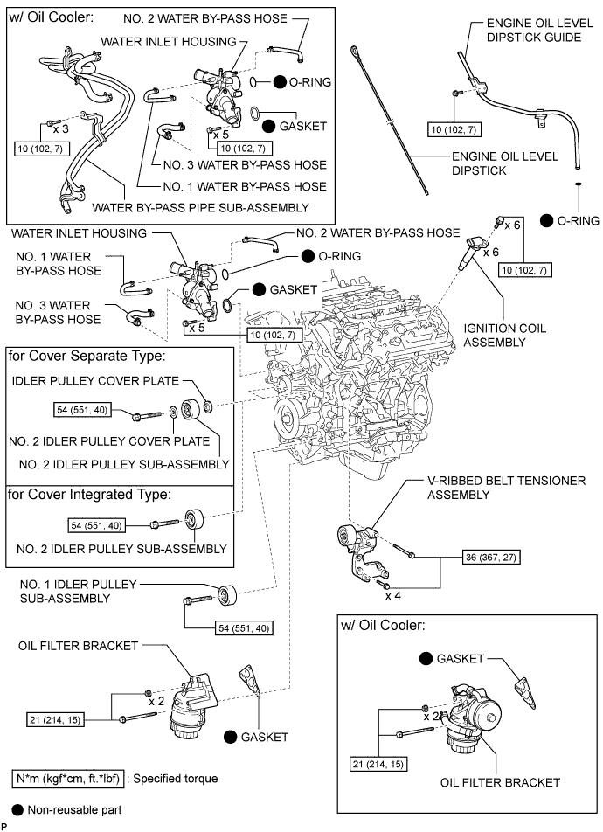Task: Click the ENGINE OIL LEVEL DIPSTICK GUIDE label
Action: [x=534, y=31]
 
